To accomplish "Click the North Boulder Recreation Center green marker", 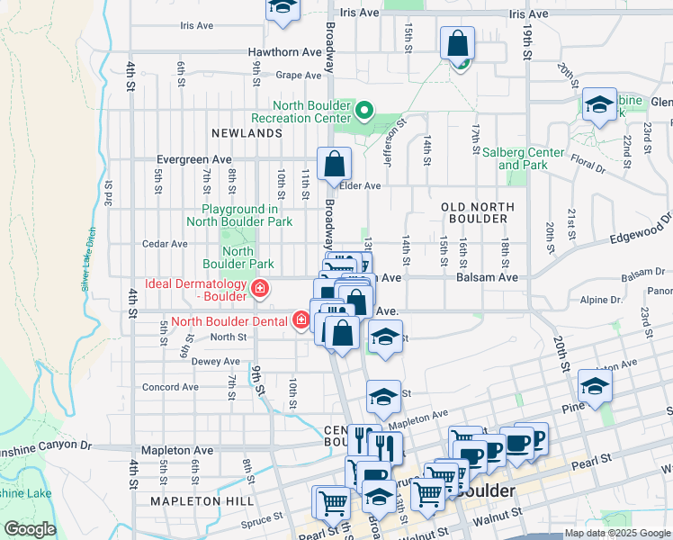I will coord(364,111).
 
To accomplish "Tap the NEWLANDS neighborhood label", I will coord(247,132).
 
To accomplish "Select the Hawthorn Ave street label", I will coord(285,52).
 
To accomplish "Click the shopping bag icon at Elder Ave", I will coord(334,166).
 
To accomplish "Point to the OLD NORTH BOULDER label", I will coord(478,213).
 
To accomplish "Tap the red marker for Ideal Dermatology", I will coord(260,289).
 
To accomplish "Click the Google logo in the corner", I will coord(31,529).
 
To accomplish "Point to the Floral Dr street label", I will coord(586,166).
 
